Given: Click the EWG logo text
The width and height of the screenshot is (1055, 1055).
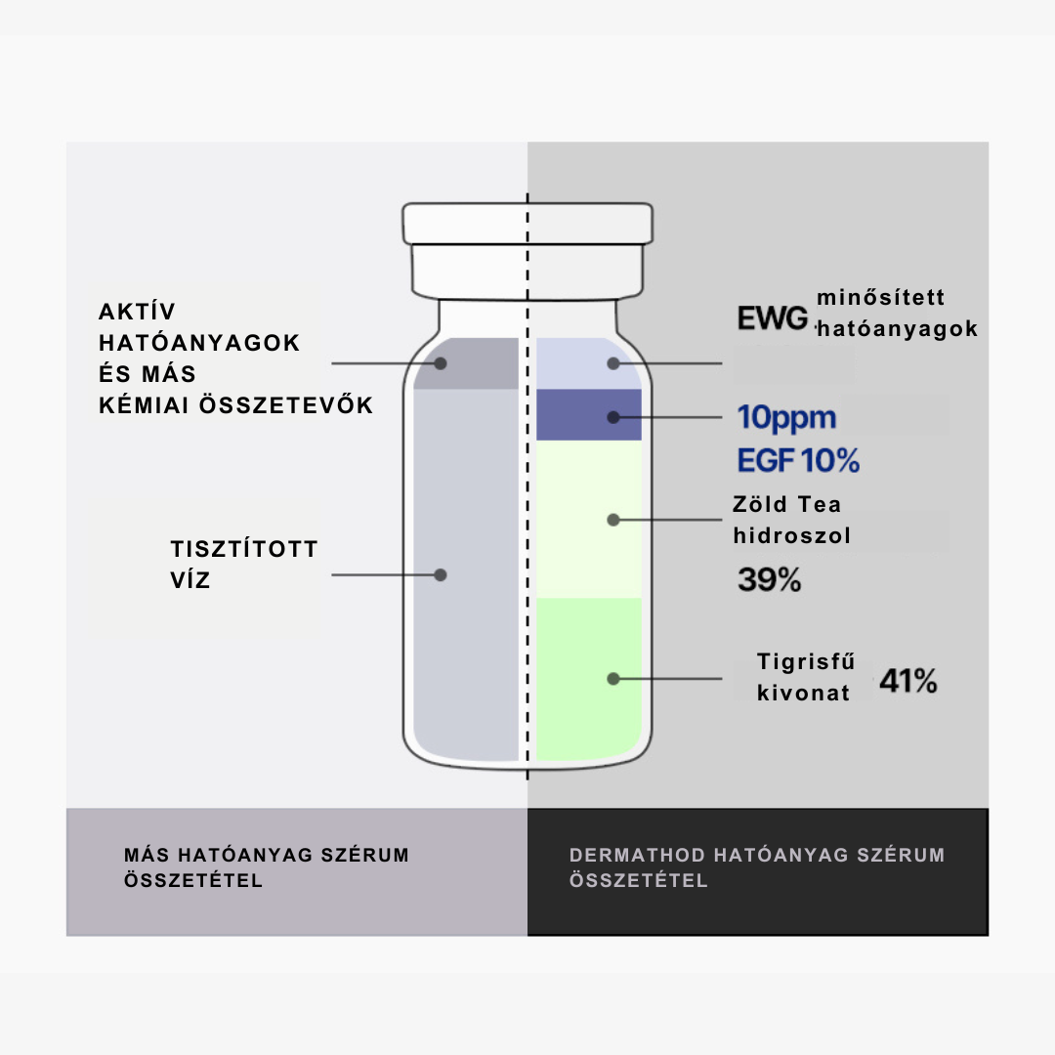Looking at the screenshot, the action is tap(773, 318).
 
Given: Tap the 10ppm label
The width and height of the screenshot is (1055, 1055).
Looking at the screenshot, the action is tap(786, 418).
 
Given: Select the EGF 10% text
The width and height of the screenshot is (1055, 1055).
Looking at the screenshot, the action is tap(798, 461).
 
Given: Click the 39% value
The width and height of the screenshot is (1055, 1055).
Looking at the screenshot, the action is tap(769, 579).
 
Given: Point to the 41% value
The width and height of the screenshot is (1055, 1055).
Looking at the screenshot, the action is tap(908, 681).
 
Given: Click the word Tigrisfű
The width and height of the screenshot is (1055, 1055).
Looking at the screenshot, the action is tap(806, 661).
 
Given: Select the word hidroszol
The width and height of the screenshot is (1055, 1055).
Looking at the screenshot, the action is tap(792, 535).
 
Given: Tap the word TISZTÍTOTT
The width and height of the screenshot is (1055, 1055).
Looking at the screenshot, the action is tap(243, 549).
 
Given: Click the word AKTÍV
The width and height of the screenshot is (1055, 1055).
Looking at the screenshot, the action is tap(138, 312).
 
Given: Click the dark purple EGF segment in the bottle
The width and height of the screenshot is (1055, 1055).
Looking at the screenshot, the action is tap(589, 414).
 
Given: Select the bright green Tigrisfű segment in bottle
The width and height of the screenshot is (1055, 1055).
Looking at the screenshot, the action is tap(589, 678).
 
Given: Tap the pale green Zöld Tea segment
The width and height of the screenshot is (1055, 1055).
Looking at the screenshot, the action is tap(589, 519).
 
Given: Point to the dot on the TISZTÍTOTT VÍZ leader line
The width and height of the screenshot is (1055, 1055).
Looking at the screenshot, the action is tap(441, 575).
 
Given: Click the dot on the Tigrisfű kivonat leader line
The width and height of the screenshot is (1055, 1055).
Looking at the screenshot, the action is tap(612, 679).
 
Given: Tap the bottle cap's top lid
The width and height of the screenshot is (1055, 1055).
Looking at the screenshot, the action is tap(527, 224).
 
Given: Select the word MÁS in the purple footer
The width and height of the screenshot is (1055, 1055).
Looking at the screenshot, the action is tap(146, 855).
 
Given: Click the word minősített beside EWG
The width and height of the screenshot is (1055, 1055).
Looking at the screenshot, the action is tap(881, 297).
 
